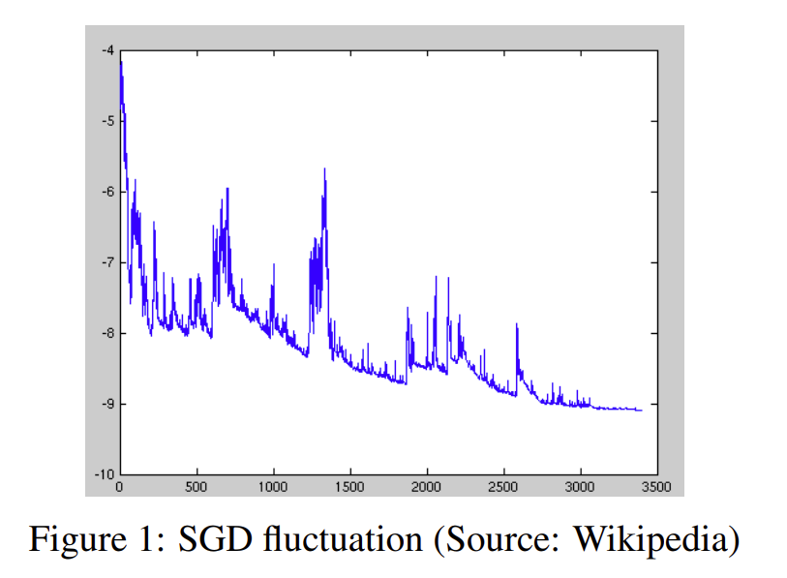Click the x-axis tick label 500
click(x=197, y=486)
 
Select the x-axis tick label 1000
click(x=273, y=486)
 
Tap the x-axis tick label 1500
click(x=349, y=486)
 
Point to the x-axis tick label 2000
click(x=426, y=486)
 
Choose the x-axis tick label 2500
click(x=502, y=486)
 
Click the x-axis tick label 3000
click(x=579, y=486)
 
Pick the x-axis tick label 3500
click(x=655, y=486)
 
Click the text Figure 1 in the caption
click(x=93, y=538)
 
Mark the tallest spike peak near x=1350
click(x=324, y=168)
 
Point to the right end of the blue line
click(x=641, y=411)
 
